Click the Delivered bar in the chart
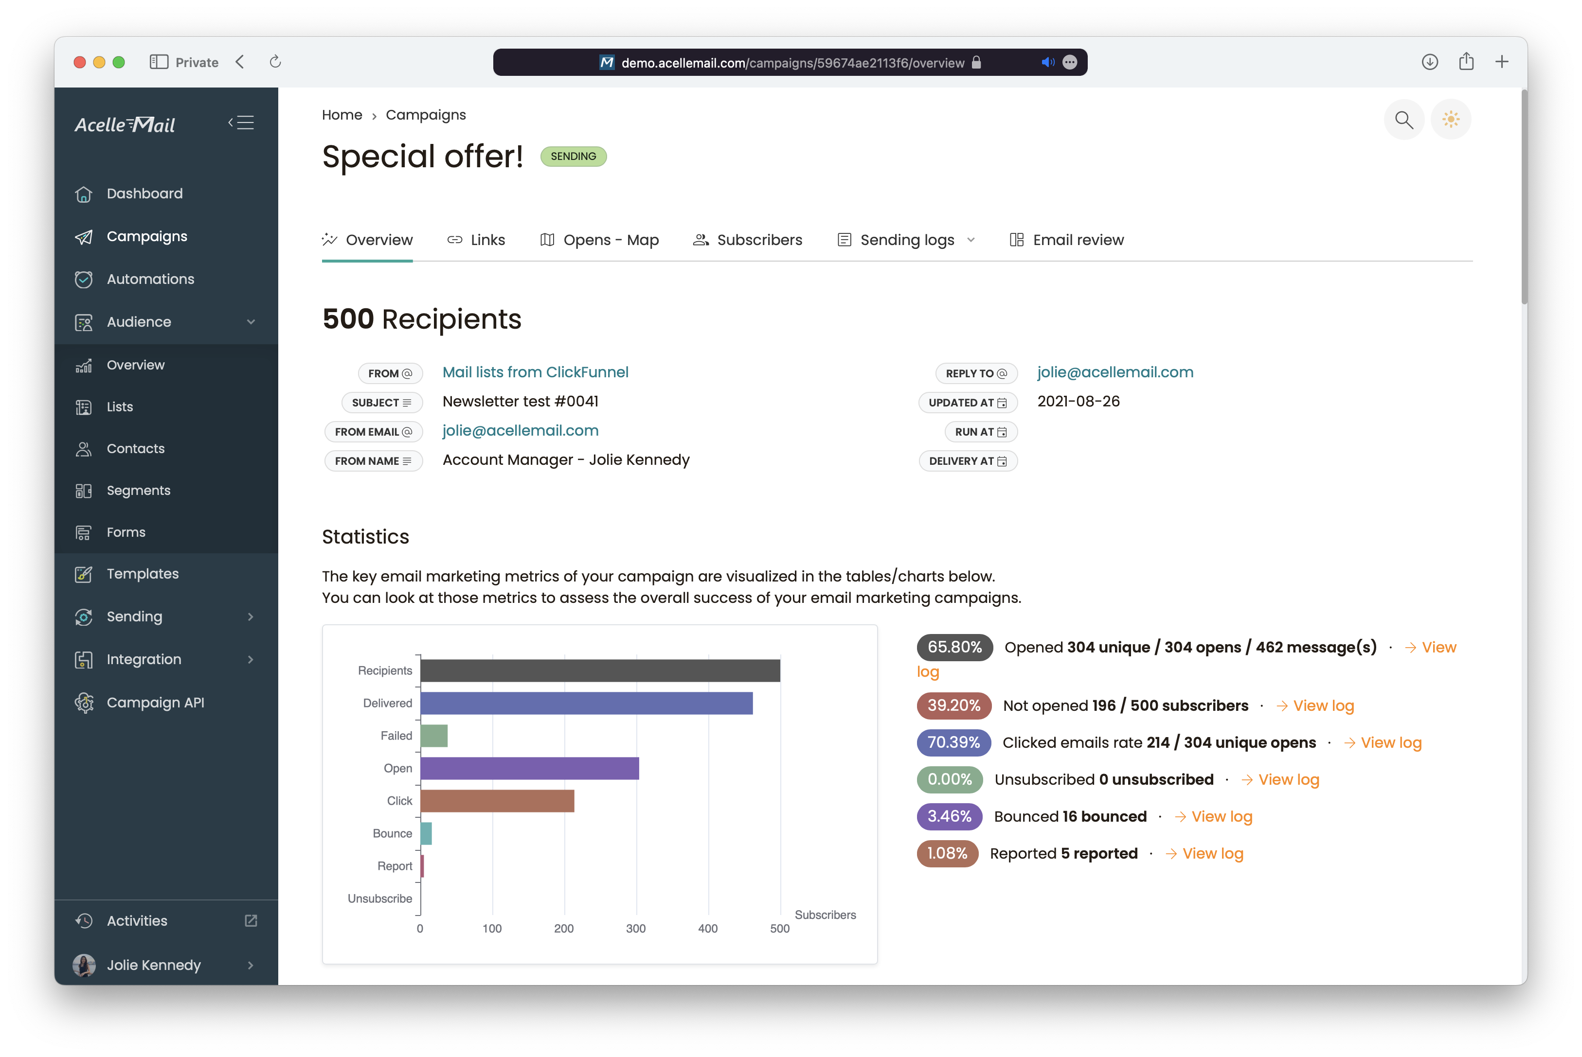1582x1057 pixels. point(586,703)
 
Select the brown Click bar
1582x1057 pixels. point(497,801)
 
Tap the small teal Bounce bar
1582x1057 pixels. point(426,834)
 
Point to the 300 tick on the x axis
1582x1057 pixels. point(635,928)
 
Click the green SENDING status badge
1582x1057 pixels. point(573,157)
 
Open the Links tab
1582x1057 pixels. point(476,240)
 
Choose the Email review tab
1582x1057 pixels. point(1067,240)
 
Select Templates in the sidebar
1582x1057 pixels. point(142,574)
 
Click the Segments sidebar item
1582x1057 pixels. point(138,490)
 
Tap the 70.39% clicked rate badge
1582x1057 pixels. point(953,742)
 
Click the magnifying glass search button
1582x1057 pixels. point(1403,120)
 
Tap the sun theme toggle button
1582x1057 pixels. point(1451,120)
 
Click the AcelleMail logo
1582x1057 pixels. point(125,124)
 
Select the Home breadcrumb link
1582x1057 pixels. point(342,115)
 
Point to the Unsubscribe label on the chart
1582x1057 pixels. point(379,898)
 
